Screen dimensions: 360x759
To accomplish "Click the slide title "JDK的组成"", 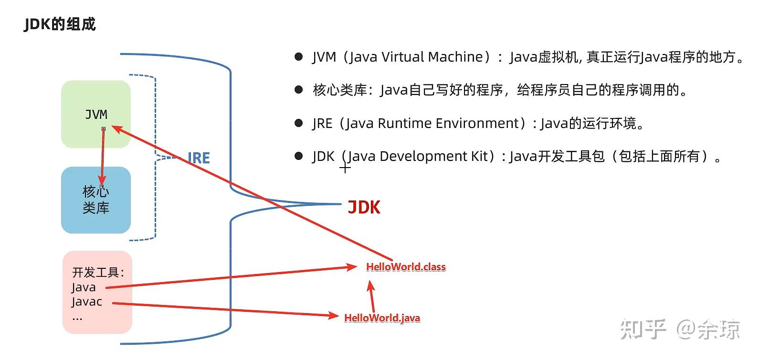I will click(60, 24).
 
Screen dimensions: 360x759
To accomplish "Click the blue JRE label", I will click(199, 159).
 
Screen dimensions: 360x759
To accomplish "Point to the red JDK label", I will click(364, 208).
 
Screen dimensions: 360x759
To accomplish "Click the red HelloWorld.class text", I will click(406, 267).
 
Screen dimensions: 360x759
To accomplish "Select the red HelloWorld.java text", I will click(382, 318).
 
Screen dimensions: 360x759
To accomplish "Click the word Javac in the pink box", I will click(86, 302).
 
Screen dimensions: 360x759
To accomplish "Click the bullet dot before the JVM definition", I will click(299, 57).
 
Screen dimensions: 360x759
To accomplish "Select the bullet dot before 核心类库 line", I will click(299, 90).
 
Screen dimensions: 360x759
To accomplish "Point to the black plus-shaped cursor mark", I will click(345, 168).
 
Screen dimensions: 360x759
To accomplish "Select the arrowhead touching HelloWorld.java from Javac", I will click(333, 315).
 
